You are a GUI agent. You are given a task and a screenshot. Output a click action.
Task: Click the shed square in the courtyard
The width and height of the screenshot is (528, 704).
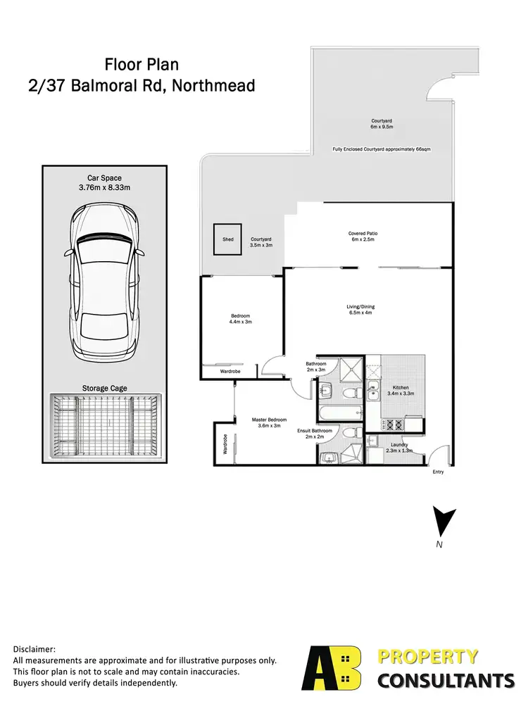[228, 240]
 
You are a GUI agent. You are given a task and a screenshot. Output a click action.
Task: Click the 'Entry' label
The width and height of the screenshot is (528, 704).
[439, 472]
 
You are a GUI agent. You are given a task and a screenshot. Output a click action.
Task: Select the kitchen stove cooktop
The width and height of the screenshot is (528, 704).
[391, 425]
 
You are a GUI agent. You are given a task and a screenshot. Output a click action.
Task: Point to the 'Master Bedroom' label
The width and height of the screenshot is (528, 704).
[267, 420]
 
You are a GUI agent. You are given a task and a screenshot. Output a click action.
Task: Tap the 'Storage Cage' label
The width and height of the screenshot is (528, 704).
[103, 388]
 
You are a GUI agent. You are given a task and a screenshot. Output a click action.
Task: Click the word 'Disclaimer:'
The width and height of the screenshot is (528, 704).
[34, 649]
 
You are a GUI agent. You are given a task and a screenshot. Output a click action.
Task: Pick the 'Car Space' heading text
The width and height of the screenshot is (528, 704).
[103, 178]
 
